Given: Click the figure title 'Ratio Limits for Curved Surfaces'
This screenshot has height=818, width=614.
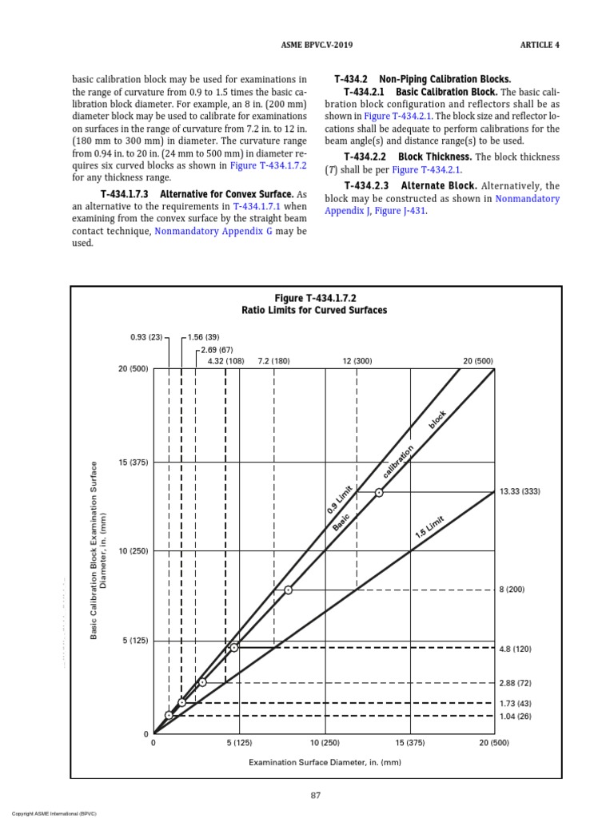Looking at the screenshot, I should point(314,310).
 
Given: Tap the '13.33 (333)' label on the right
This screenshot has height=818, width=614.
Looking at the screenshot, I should point(520,492).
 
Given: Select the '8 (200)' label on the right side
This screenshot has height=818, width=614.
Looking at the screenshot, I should point(511,590).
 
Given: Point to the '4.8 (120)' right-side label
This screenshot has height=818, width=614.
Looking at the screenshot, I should point(515,649).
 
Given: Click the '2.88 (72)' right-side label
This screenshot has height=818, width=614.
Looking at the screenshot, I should point(515,684).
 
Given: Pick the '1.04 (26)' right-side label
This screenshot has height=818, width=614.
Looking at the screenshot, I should point(515,717).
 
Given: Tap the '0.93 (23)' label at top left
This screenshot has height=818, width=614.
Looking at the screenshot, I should point(146,338).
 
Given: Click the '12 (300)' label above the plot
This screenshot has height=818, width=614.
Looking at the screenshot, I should point(357,361).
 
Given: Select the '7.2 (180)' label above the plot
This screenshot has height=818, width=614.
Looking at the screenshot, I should point(273,361).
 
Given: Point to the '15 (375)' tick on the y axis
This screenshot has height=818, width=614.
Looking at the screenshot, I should point(134,463).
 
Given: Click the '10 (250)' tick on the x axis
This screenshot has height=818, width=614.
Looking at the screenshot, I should point(325,743).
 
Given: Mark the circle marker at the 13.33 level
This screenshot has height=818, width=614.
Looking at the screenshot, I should point(379,492).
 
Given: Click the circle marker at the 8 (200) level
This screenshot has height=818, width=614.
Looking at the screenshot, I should point(288,590).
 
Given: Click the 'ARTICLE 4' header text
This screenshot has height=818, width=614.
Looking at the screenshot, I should point(540,45).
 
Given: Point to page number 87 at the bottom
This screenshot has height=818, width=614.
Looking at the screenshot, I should point(316,795).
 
